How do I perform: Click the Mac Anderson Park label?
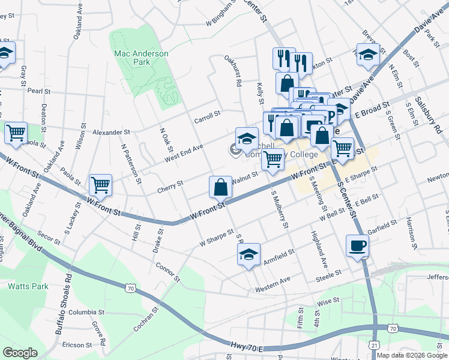point(141,58)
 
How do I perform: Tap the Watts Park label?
point(28,286)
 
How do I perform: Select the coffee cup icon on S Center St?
point(357,246)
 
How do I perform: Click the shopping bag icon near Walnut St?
point(220,187)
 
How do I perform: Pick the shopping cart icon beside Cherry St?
point(100,185)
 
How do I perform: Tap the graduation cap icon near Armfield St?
point(249,255)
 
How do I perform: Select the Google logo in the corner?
point(20,352)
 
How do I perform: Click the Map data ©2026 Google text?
point(412,355)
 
